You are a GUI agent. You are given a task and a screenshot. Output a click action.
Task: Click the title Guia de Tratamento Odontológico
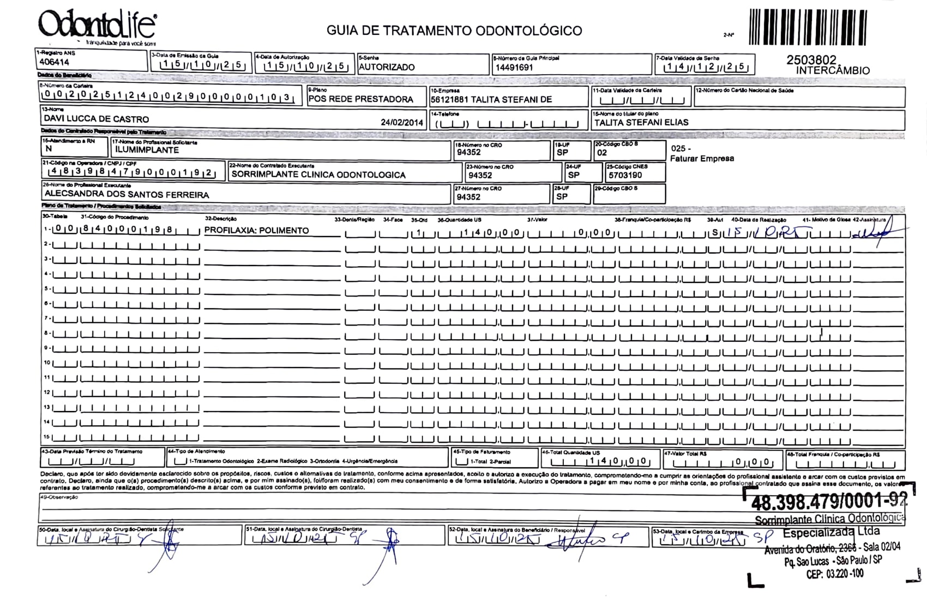[x=454, y=31]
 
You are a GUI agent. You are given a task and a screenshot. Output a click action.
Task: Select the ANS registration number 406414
[x=54, y=62]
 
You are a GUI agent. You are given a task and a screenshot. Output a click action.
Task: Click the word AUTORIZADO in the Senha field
[x=387, y=67]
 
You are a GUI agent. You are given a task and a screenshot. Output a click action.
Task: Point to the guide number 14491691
[x=514, y=68]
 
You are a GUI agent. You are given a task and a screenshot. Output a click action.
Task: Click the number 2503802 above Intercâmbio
[x=811, y=60]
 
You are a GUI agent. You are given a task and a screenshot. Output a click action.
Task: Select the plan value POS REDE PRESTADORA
[x=360, y=99]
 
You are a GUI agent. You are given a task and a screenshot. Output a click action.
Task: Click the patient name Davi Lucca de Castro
[x=96, y=119]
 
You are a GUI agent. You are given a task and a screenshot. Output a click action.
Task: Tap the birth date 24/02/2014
[x=402, y=123]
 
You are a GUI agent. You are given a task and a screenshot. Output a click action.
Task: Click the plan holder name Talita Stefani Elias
[x=641, y=123]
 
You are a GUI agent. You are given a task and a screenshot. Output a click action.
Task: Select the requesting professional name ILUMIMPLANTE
[x=147, y=150]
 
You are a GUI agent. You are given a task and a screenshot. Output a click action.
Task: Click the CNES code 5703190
[x=625, y=175]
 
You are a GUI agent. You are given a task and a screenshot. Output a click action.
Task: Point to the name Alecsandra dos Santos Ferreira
[x=127, y=194]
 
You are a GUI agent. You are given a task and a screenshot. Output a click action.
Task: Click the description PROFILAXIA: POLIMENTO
[x=256, y=231]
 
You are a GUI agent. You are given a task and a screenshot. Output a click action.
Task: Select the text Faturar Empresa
[x=702, y=159]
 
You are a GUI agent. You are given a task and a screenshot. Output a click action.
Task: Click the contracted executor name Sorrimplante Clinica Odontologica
[x=318, y=175]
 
